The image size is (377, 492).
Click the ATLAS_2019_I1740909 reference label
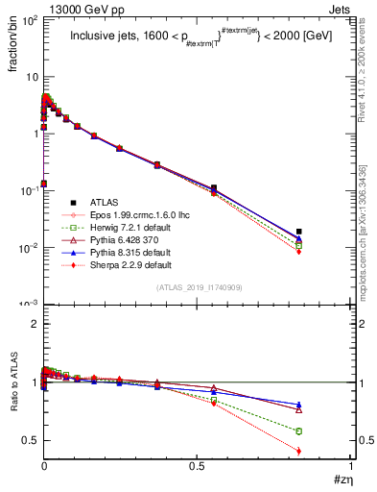199,287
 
